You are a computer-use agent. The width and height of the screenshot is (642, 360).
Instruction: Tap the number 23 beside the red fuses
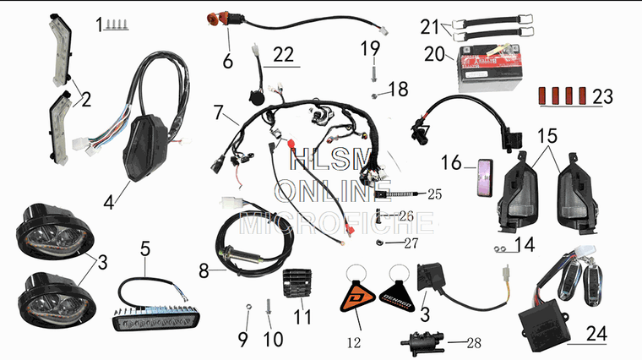(x=602, y=96)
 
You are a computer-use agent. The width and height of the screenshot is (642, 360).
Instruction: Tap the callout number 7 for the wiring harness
(x=218, y=112)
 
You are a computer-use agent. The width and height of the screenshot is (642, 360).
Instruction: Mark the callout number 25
(x=435, y=194)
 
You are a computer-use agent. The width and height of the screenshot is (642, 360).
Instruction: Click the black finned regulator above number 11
(x=302, y=279)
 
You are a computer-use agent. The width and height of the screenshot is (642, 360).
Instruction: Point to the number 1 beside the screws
(x=99, y=23)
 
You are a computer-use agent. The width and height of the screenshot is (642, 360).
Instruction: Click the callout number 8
(x=204, y=272)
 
